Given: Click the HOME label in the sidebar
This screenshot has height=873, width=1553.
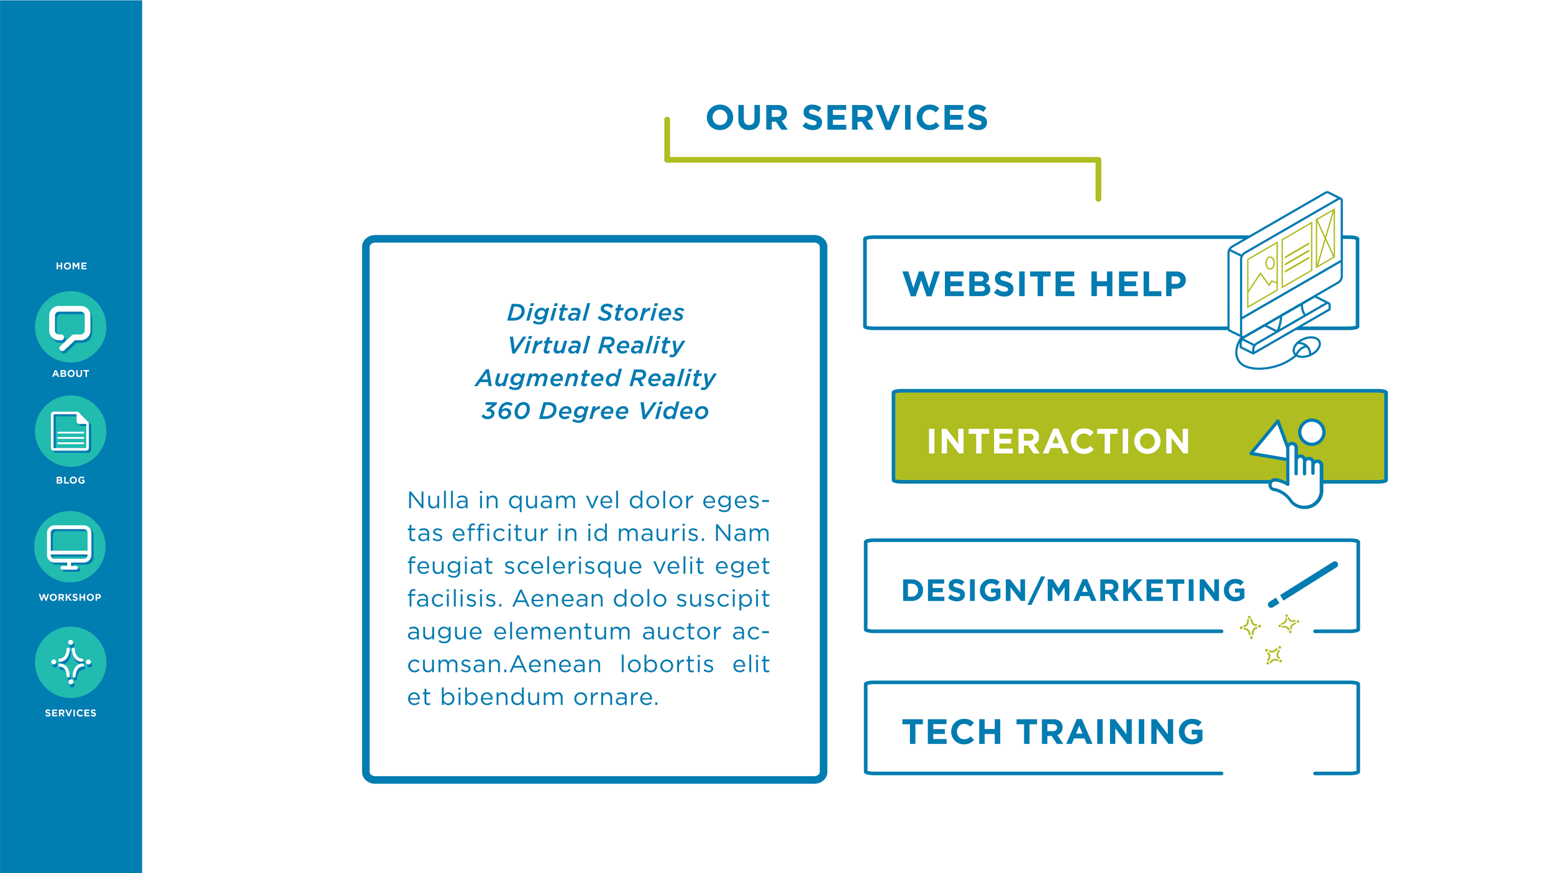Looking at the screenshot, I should coord(71,266).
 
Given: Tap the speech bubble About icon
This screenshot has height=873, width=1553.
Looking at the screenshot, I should coord(71,327).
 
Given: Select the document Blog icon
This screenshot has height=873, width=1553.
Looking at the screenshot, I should coord(71,432).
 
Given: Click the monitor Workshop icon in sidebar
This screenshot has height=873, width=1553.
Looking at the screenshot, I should coord(70,547).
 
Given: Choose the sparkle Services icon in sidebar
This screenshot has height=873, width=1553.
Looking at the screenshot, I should coord(71,663).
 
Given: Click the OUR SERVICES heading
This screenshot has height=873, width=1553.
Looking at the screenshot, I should coord(847,118).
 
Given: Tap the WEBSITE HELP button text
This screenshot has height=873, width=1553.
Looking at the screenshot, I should coord(1044,284).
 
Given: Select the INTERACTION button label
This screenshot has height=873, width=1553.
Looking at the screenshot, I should coord(1058,441).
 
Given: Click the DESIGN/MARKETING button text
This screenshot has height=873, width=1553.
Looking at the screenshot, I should coord(1073,590).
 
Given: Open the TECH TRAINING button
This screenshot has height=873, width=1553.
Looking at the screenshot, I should coord(1053,731).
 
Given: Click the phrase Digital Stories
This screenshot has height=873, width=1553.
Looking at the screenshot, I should coord(595,312).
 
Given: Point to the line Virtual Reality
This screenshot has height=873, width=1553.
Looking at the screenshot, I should coord(595,345).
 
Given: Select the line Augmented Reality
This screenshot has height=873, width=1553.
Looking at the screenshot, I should coord(595,378).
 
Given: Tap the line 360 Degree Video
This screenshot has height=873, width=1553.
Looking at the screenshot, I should coord(595,411).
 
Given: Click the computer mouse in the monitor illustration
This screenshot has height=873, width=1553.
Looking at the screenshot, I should coord(1307,346).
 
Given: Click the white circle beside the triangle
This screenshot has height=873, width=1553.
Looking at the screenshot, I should coord(1311,432).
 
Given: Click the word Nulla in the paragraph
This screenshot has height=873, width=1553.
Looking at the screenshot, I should coord(437,500).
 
